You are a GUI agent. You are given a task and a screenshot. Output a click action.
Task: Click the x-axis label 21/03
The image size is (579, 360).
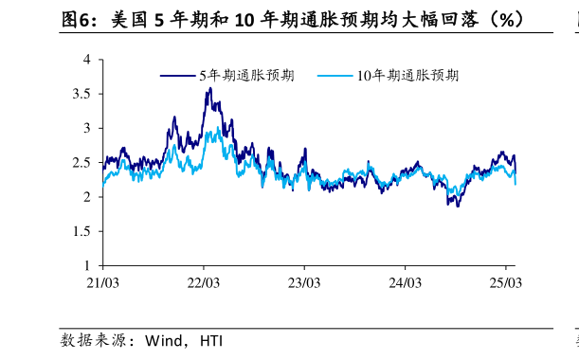[102, 282]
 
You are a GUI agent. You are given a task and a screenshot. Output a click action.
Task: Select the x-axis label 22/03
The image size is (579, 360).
[203, 282]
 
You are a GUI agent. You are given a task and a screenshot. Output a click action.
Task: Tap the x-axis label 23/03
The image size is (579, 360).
[303, 282]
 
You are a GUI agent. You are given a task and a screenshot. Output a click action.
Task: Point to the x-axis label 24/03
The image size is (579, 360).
[405, 282]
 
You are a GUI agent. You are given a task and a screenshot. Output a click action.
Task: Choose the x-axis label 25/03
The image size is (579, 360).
[505, 282]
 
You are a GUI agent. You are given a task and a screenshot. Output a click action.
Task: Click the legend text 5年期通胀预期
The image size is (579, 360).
[246, 76]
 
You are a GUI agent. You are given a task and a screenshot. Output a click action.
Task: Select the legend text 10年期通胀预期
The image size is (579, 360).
[408, 76]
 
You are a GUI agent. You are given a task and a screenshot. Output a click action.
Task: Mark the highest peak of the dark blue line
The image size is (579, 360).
[209, 88]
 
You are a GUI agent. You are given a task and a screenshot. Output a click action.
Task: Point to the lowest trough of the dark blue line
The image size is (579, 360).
[458, 206]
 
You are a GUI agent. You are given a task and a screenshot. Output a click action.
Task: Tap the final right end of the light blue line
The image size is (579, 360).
[516, 184]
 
